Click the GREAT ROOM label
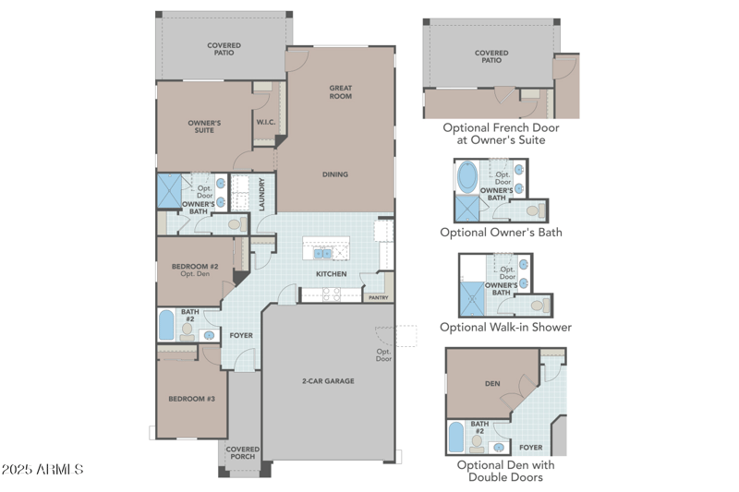point(341,92)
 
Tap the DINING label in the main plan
point(335,174)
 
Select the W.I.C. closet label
point(266,123)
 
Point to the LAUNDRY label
point(263,195)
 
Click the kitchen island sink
point(324,253)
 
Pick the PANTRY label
point(378,298)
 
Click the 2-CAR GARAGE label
point(328,381)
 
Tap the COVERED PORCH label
point(243,453)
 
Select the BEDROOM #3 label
point(191,399)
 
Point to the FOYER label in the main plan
point(241,336)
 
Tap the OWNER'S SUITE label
point(204,126)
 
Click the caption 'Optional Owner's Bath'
point(501,233)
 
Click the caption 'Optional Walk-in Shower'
point(505,327)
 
